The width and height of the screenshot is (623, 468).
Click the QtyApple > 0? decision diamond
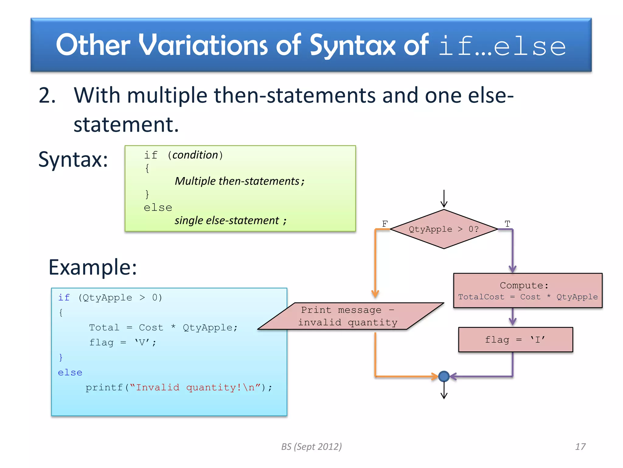[444, 229]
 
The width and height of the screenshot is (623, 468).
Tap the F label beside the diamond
[385, 224]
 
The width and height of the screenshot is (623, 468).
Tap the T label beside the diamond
[507, 224]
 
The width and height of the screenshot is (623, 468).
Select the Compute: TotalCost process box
[527, 291]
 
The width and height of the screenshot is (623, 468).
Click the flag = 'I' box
[515, 340]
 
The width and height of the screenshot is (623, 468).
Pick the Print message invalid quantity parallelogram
[350, 316]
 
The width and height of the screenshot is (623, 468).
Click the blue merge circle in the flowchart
[444, 376]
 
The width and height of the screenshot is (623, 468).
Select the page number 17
[580, 447]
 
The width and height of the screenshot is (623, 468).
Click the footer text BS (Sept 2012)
[311, 447]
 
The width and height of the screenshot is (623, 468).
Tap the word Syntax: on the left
[73, 159]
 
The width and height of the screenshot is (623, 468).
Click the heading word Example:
[93, 267]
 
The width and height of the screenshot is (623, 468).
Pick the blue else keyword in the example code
[70, 373]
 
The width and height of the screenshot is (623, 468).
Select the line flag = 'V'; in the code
[123, 342]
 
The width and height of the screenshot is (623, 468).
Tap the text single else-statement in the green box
[227, 220]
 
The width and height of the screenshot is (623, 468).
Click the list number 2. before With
[47, 96]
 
